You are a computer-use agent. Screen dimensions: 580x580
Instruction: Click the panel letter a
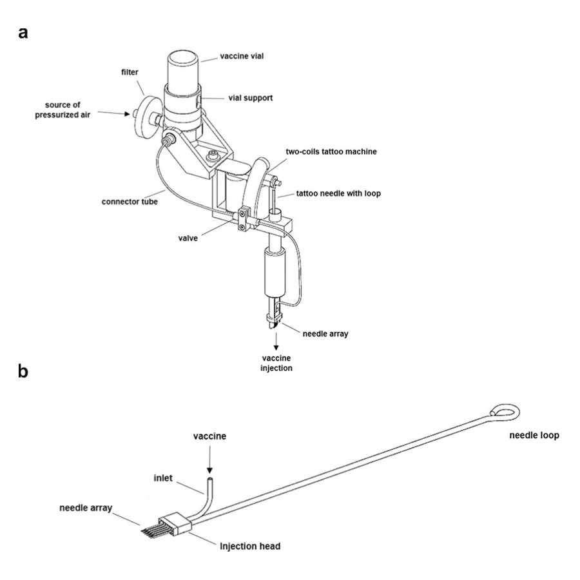(x=23, y=33)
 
